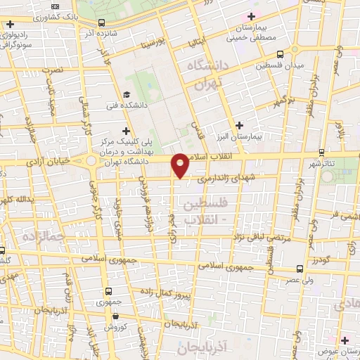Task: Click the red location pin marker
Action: pyautogui.click(x=181, y=165)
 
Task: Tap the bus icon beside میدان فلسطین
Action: pyautogui.click(x=280, y=54)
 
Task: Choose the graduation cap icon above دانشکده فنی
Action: pyautogui.click(x=126, y=95)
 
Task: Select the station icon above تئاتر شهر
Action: pyautogui.click(x=321, y=153)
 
